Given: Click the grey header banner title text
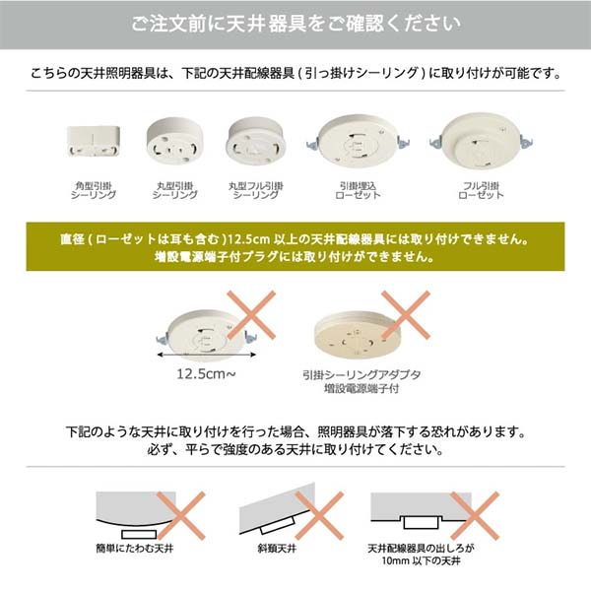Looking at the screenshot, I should click(x=295, y=21).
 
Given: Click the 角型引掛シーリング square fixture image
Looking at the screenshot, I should click(x=94, y=143).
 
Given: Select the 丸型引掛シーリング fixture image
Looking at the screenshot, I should click(x=172, y=140).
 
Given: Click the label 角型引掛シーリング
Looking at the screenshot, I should click(x=94, y=190).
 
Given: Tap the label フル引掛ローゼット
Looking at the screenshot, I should click(x=481, y=190).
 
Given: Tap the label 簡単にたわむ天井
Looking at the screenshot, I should click(x=134, y=547).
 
